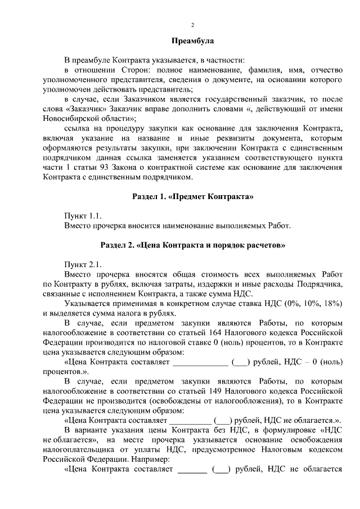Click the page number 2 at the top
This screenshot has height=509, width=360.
tap(192, 25)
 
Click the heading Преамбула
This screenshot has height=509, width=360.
tap(192, 41)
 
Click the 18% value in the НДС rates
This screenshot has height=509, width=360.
tap(333, 304)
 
